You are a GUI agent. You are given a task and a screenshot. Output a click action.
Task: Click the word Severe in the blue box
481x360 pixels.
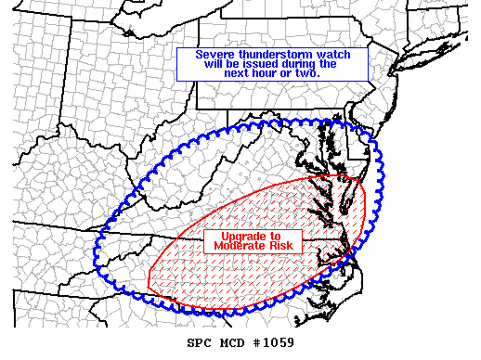[x=215, y=55]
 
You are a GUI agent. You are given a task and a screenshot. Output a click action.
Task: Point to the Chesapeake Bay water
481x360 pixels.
[x=342, y=176]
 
